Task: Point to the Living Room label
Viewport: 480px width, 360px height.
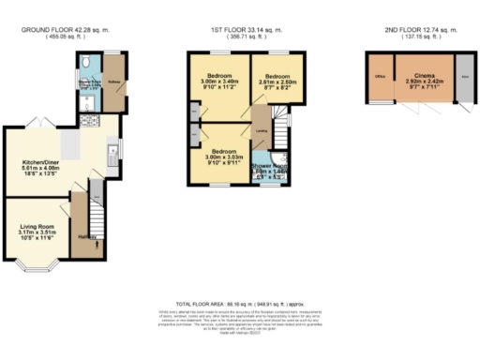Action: (38, 226)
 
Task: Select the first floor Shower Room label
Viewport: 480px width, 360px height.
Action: (268, 170)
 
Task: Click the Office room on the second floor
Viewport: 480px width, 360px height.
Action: (381, 75)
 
